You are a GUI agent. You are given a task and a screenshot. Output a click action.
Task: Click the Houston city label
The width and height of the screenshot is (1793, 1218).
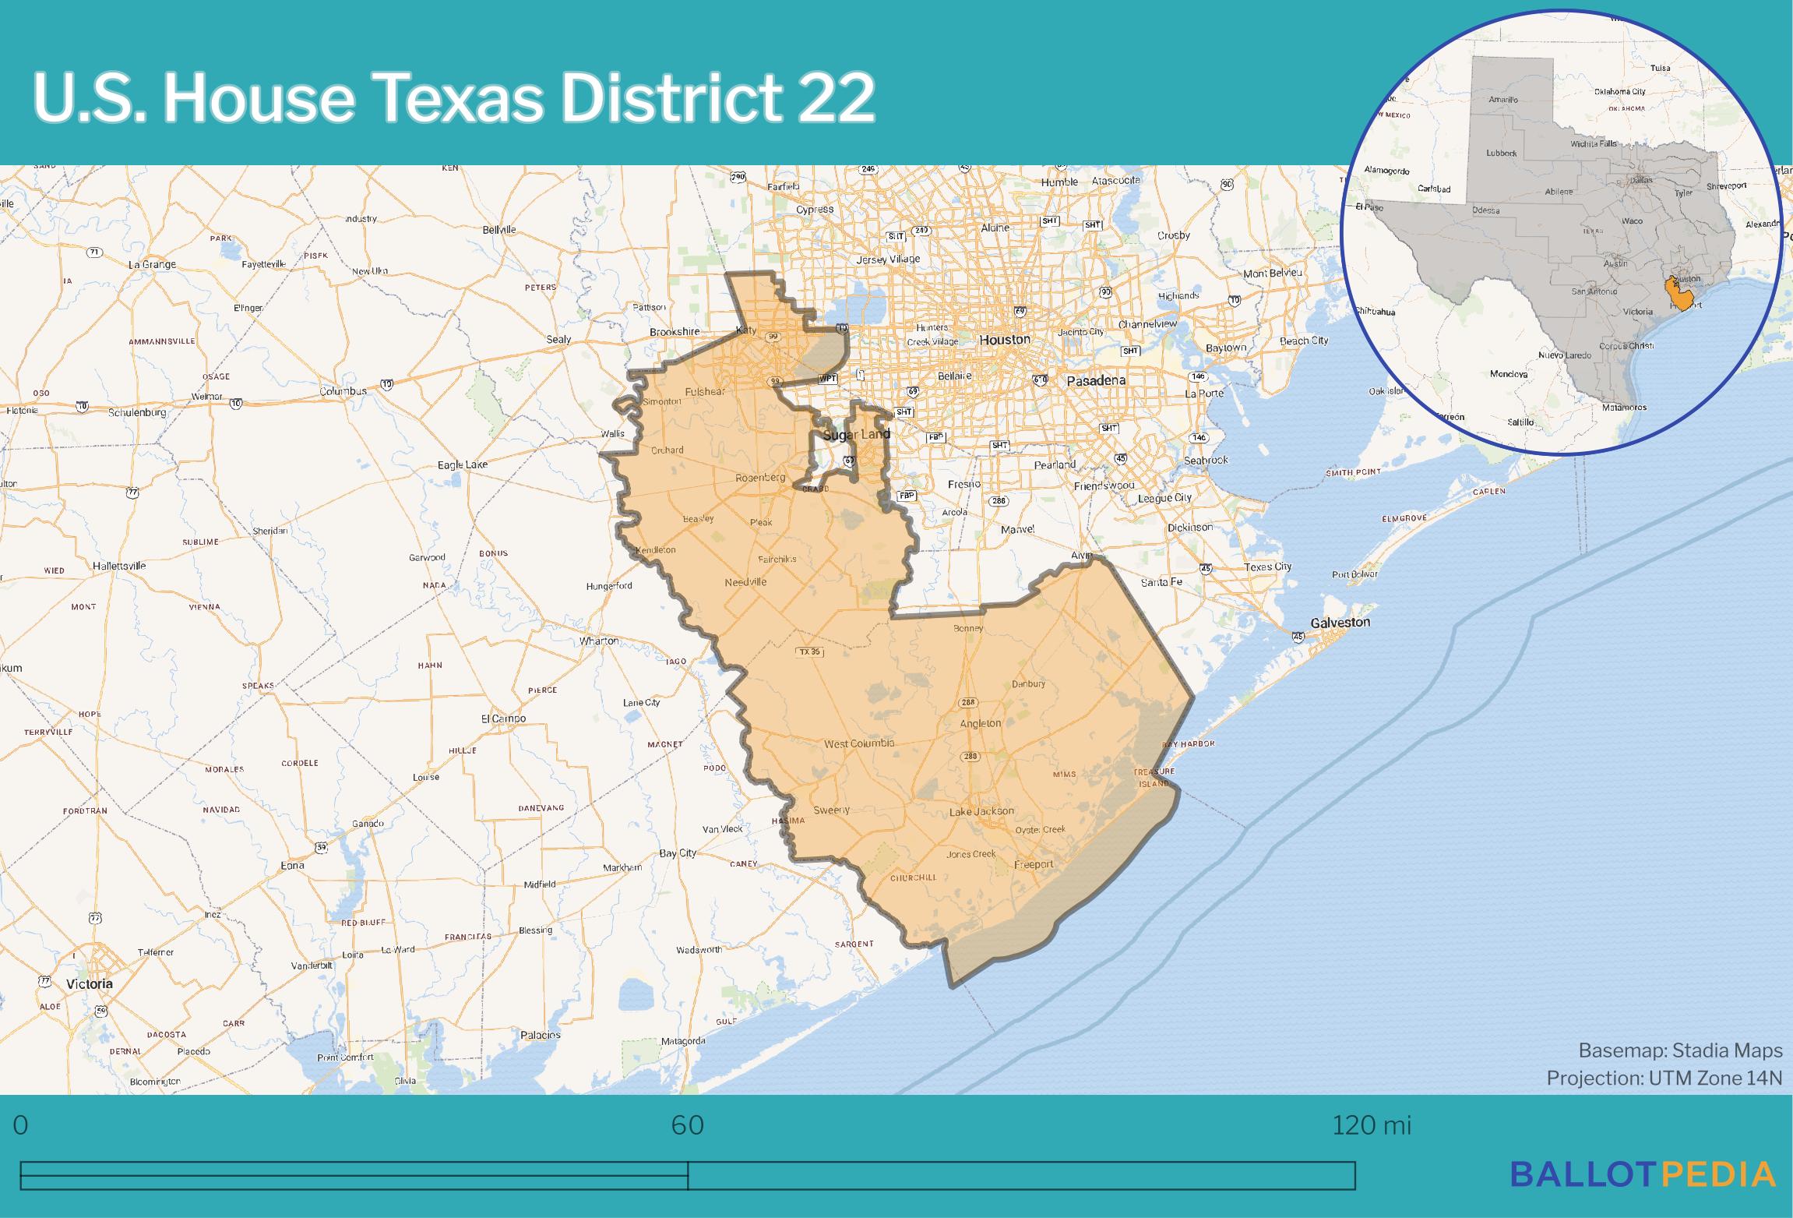(x=1004, y=340)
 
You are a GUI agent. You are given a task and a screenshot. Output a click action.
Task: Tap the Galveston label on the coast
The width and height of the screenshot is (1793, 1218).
(x=1340, y=622)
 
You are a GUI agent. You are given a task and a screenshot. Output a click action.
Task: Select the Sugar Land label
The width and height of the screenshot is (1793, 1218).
(x=856, y=434)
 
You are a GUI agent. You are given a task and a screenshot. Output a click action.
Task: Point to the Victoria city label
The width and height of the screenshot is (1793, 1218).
(x=90, y=983)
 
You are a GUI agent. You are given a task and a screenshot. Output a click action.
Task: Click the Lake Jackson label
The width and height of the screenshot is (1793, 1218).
(x=981, y=811)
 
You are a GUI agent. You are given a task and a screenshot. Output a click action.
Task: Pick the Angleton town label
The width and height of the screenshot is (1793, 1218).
(x=980, y=723)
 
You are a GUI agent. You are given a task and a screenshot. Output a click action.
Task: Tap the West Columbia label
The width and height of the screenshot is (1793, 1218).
(x=859, y=743)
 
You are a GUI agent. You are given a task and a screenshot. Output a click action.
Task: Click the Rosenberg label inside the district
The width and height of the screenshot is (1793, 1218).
(x=761, y=477)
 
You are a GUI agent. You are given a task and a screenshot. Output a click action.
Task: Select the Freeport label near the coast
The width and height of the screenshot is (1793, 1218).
(x=1034, y=864)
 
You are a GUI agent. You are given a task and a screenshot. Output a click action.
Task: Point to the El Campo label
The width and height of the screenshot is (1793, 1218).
(x=503, y=718)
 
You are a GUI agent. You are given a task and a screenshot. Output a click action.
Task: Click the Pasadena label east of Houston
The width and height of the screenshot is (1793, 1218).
(x=1096, y=381)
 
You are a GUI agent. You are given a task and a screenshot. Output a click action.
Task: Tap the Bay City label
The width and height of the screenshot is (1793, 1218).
(x=678, y=853)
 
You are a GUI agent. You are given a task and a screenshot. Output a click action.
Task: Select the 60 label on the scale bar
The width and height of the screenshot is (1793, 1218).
(x=687, y=1125)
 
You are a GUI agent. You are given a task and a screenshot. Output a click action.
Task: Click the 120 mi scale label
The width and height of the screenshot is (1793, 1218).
(x=1371, y=1125)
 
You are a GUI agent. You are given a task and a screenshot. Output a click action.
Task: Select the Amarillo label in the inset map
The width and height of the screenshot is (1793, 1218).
(x=1503, y=100)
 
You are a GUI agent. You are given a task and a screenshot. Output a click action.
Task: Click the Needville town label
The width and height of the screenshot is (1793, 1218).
(x=745, y=582)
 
